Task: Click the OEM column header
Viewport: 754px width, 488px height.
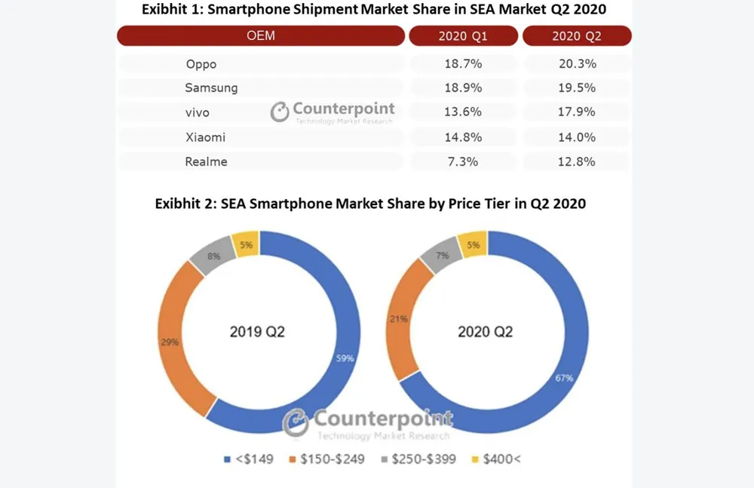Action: [260, 36]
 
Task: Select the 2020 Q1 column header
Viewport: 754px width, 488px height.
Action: [463, 36]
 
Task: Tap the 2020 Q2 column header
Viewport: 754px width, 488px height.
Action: [577, 36]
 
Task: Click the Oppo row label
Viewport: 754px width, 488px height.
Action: [201, 64]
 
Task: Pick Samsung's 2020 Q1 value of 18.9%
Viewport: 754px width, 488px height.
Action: [463, 88]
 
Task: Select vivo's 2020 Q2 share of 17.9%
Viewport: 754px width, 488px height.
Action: [577, 112]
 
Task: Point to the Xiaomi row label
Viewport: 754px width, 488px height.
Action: [205, 137]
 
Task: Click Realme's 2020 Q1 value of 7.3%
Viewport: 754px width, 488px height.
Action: [463, 161]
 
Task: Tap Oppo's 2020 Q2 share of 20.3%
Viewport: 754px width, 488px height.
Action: [577, 64]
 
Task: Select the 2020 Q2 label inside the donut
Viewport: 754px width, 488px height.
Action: [486, 331]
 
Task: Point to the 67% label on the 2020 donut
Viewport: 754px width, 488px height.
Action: [564, 377]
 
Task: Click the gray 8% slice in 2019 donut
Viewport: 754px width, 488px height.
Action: [213, 256]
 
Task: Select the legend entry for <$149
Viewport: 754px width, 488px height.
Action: [242, 459]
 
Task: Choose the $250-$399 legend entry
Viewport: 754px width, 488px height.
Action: [419, 459]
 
